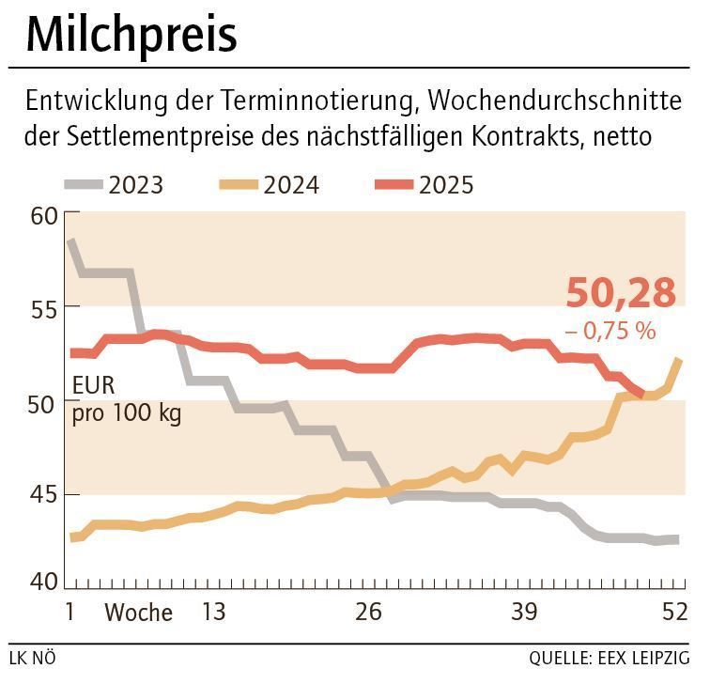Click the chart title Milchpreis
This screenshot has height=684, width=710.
click(131, 36)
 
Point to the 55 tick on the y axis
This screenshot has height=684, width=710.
click(43, 309)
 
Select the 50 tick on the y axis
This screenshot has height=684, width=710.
click(43, 402)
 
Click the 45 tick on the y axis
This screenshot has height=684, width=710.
click(43, 495)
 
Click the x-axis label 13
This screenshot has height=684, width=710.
click(213, 613)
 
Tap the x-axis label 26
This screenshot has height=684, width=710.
click(369, 613)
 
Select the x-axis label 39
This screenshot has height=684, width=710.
click(525, 613)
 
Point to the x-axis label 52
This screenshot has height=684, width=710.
click(673, 613)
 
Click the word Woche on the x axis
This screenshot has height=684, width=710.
click(138, 614)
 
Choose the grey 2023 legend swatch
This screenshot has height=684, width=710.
click(84, 184)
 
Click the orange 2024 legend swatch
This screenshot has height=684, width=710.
click(239, 184)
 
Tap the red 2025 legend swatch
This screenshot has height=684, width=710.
click(394, 184)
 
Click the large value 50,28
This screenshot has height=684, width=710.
click(621, 293)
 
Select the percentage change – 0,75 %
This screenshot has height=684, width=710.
click(610, 331)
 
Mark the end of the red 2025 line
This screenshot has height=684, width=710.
click(642, 395)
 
